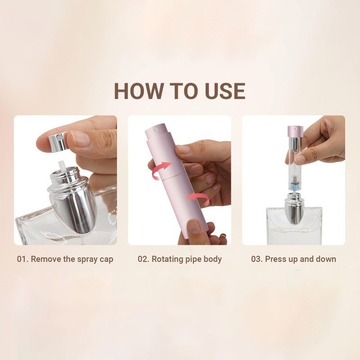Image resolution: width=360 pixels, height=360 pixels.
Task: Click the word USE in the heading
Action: [x=225, y=91]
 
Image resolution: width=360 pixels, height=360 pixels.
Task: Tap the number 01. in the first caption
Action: [x=22, y=259]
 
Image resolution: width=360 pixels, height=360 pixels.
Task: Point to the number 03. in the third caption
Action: [x=257, y=259]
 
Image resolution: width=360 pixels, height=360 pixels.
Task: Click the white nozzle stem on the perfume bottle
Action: [x=63, y=166]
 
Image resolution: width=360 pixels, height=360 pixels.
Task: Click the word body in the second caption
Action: [x=213, y=260]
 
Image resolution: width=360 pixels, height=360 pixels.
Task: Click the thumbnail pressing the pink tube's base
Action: [x=193, y=226]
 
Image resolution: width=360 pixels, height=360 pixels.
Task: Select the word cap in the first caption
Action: [x=107, y=260]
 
